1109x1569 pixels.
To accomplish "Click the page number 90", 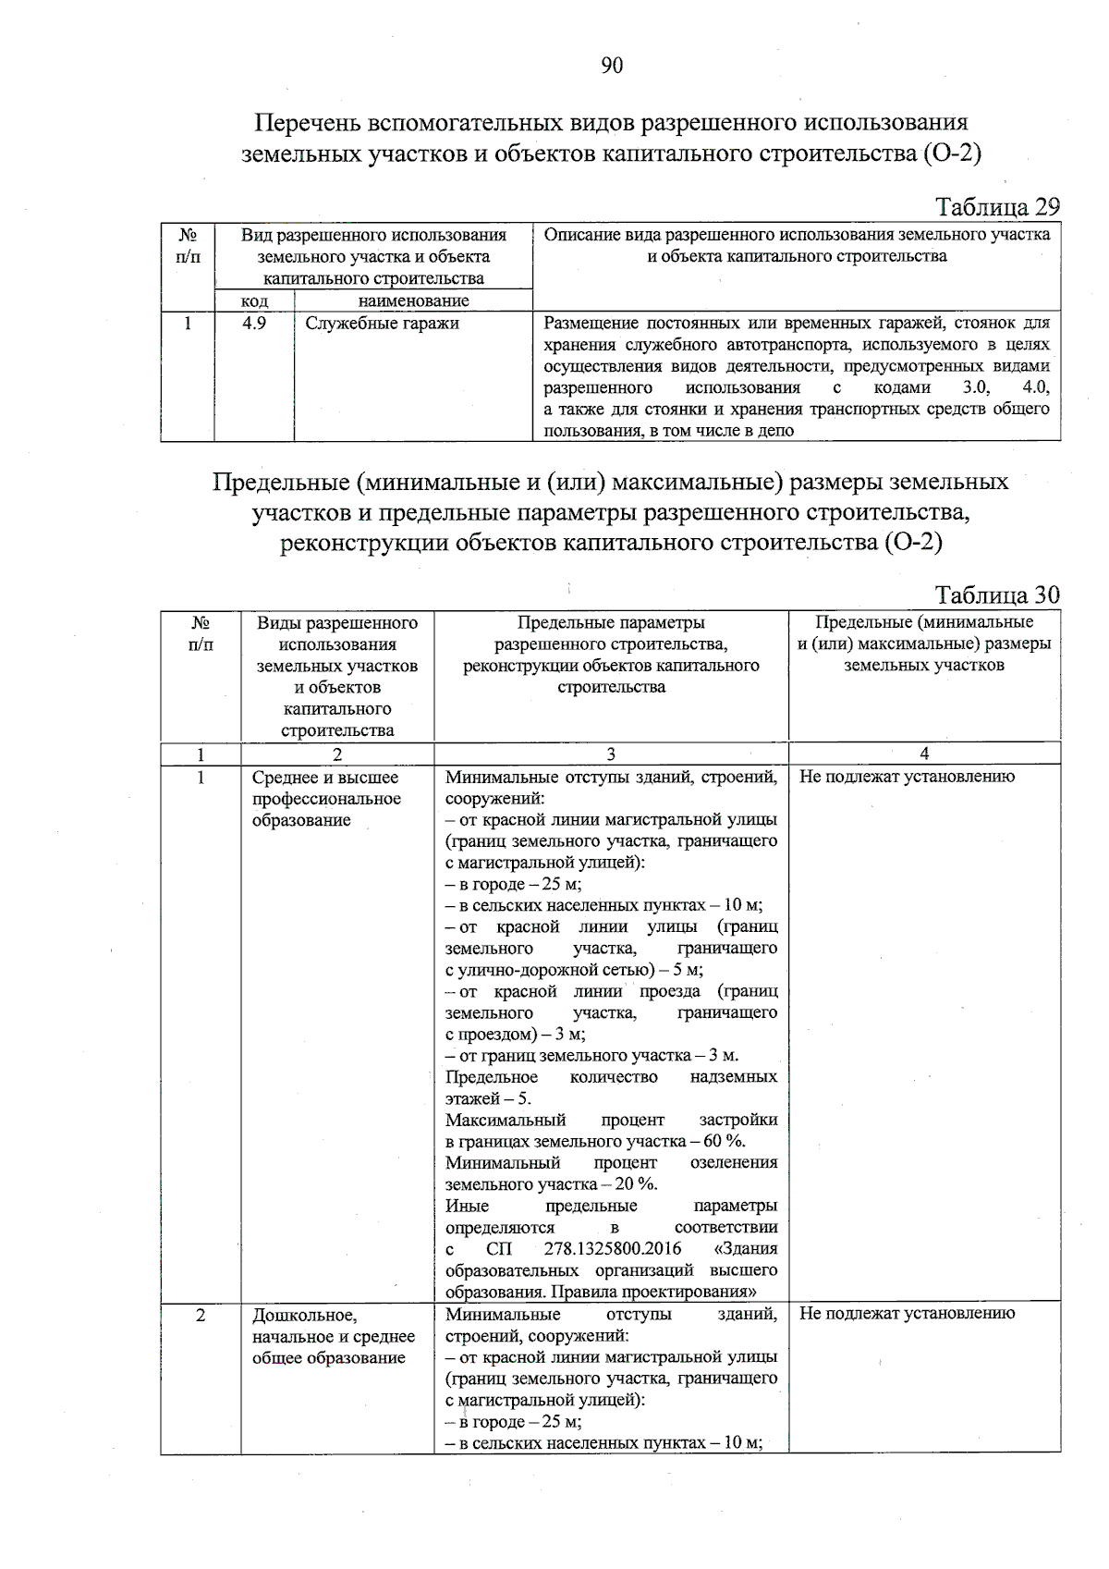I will click(x=612, y=65).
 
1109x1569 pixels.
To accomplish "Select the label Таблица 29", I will click(x=998, y=206).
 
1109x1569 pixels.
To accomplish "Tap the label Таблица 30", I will click(x=998, y=595).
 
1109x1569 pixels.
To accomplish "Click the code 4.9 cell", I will click(x=254, y=324).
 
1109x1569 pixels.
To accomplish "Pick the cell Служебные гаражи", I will click(x=382, y=324).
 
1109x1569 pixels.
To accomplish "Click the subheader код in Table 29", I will click(x=254, y=300).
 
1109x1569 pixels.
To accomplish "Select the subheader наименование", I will click(x=413, y=300).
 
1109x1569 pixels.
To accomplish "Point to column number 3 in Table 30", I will click(x=611, y=754).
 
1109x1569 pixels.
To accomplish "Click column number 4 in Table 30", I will click(x=924, y=754).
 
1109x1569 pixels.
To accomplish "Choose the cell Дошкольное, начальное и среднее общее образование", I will click(x=333, y=1336).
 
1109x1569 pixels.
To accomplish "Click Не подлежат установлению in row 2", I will click(x=907, y=1313).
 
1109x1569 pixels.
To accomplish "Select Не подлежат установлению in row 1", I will click(x=907, y=777).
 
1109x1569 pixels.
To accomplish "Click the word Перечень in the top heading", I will click(x=308, y=123).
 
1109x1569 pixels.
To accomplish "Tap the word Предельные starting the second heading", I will click(x=279, y=483).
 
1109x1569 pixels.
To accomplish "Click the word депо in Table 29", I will click(x=775, y=431).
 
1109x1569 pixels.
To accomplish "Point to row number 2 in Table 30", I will click(x=201, y=1314).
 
